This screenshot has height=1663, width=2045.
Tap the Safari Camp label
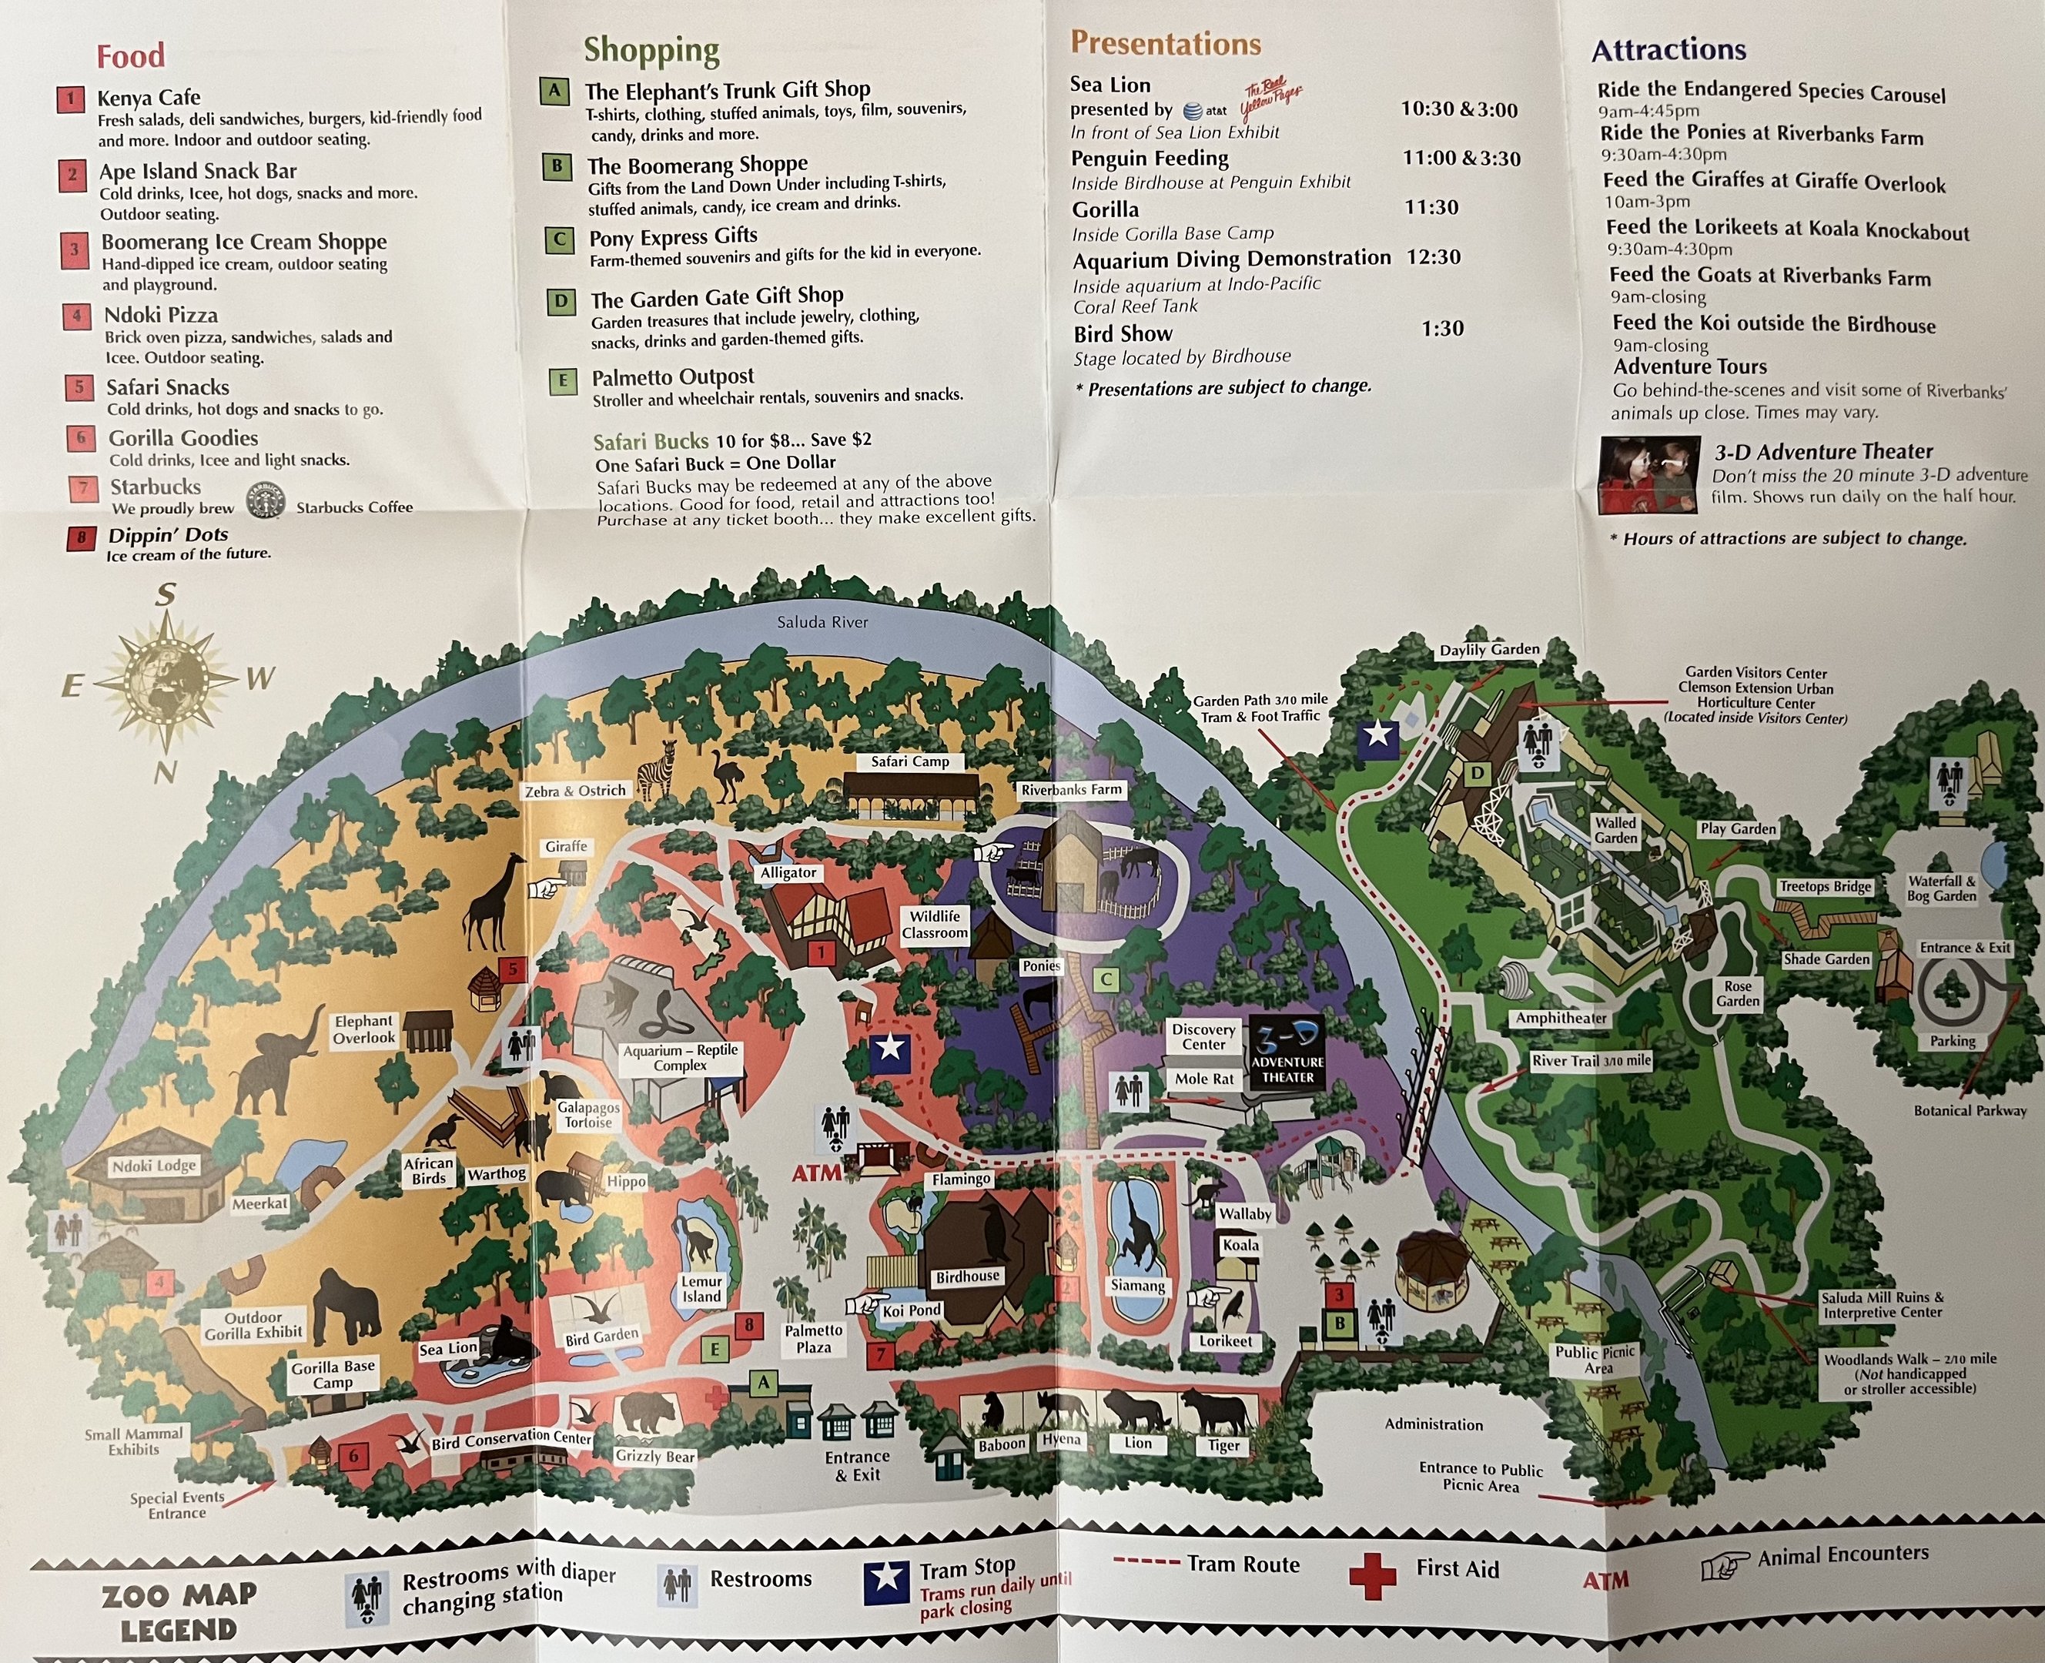point(909,761)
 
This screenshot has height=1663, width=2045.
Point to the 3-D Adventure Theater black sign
point(1287,1052)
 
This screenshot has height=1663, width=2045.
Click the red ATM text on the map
point(816,1172)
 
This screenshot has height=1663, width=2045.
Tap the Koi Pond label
point(911,1310)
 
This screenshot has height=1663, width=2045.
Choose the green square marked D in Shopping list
point(561,303)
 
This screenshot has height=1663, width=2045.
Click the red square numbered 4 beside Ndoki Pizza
point(77,316)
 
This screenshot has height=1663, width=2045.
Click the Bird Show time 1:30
point(1441,329)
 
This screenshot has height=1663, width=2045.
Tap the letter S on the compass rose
point(166,596)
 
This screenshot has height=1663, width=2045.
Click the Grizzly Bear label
point(655,1456)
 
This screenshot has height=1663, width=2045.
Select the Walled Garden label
point(1615,830)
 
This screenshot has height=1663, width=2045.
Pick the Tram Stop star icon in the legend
point(887,1581)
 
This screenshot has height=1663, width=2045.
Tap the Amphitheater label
point(1561,1019)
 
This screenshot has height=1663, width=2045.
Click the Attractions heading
point(1668,50)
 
